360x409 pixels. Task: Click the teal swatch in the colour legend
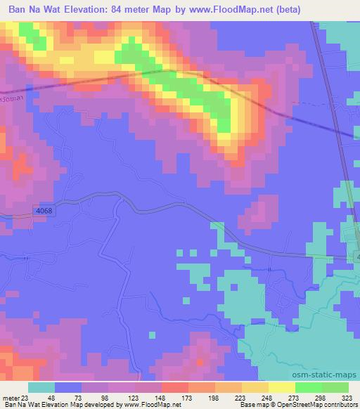pos(41,387)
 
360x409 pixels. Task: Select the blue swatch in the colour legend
pos(68,387)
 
